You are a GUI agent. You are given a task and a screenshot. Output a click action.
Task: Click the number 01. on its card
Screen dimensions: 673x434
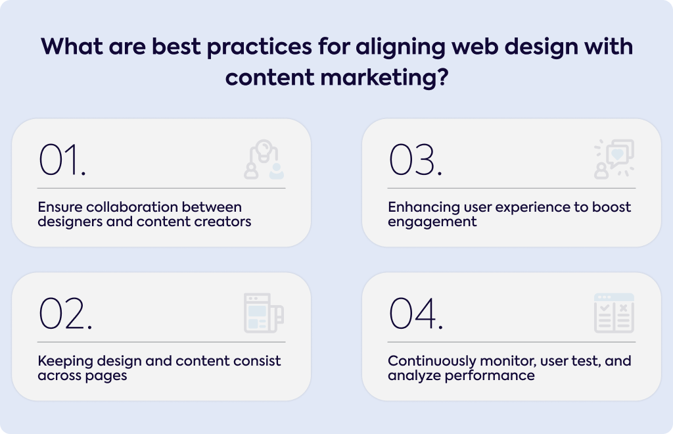pos(62,160)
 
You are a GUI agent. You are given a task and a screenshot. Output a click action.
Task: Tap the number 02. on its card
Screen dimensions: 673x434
pos(65,314)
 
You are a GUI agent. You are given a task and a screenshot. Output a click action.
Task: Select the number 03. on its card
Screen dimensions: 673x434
pos(415,160)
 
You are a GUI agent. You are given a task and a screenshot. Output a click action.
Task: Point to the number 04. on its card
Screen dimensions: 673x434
pos(415,314)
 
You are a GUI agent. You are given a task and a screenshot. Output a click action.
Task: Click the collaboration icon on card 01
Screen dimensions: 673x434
pos(264,159)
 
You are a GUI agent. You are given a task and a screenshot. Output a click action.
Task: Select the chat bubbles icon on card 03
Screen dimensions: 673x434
pos(615,159)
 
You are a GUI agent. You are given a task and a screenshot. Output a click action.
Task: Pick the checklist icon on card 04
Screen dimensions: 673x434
pos(615,313)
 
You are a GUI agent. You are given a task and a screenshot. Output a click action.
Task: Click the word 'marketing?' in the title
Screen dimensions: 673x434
pos(384,78)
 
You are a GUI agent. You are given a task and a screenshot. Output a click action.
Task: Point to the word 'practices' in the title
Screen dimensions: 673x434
pos(259,47)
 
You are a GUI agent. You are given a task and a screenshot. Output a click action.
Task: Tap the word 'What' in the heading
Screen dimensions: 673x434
pos(72,47)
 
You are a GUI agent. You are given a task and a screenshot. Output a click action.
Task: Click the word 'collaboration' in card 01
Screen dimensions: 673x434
pos(131,207)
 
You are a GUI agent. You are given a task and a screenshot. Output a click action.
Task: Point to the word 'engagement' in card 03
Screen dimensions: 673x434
pos(432,222)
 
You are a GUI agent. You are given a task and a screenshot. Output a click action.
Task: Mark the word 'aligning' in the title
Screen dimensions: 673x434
pos(400,47)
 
